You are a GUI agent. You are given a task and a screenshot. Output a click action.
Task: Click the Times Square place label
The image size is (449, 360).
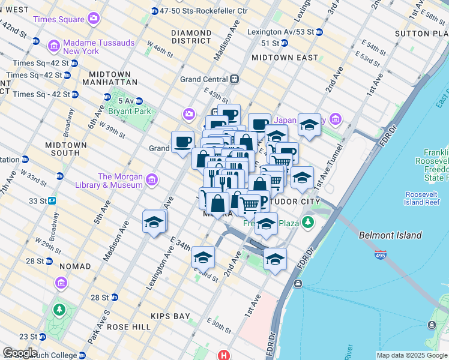59,19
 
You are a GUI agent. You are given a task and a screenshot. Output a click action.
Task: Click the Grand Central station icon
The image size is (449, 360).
235,79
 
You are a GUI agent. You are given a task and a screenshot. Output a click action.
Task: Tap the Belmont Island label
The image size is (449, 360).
390,236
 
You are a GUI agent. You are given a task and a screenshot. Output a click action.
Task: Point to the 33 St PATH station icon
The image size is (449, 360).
52,200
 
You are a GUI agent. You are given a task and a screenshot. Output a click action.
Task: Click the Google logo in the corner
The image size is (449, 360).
20,353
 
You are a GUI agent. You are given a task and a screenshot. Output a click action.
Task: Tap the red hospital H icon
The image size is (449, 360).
224,355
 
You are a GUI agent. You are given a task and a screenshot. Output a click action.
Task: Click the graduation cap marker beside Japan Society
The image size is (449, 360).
309,125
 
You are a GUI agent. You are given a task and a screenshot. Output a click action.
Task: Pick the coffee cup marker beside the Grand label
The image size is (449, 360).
182,142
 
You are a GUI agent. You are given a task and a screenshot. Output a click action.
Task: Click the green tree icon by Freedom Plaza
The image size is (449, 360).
308,223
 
